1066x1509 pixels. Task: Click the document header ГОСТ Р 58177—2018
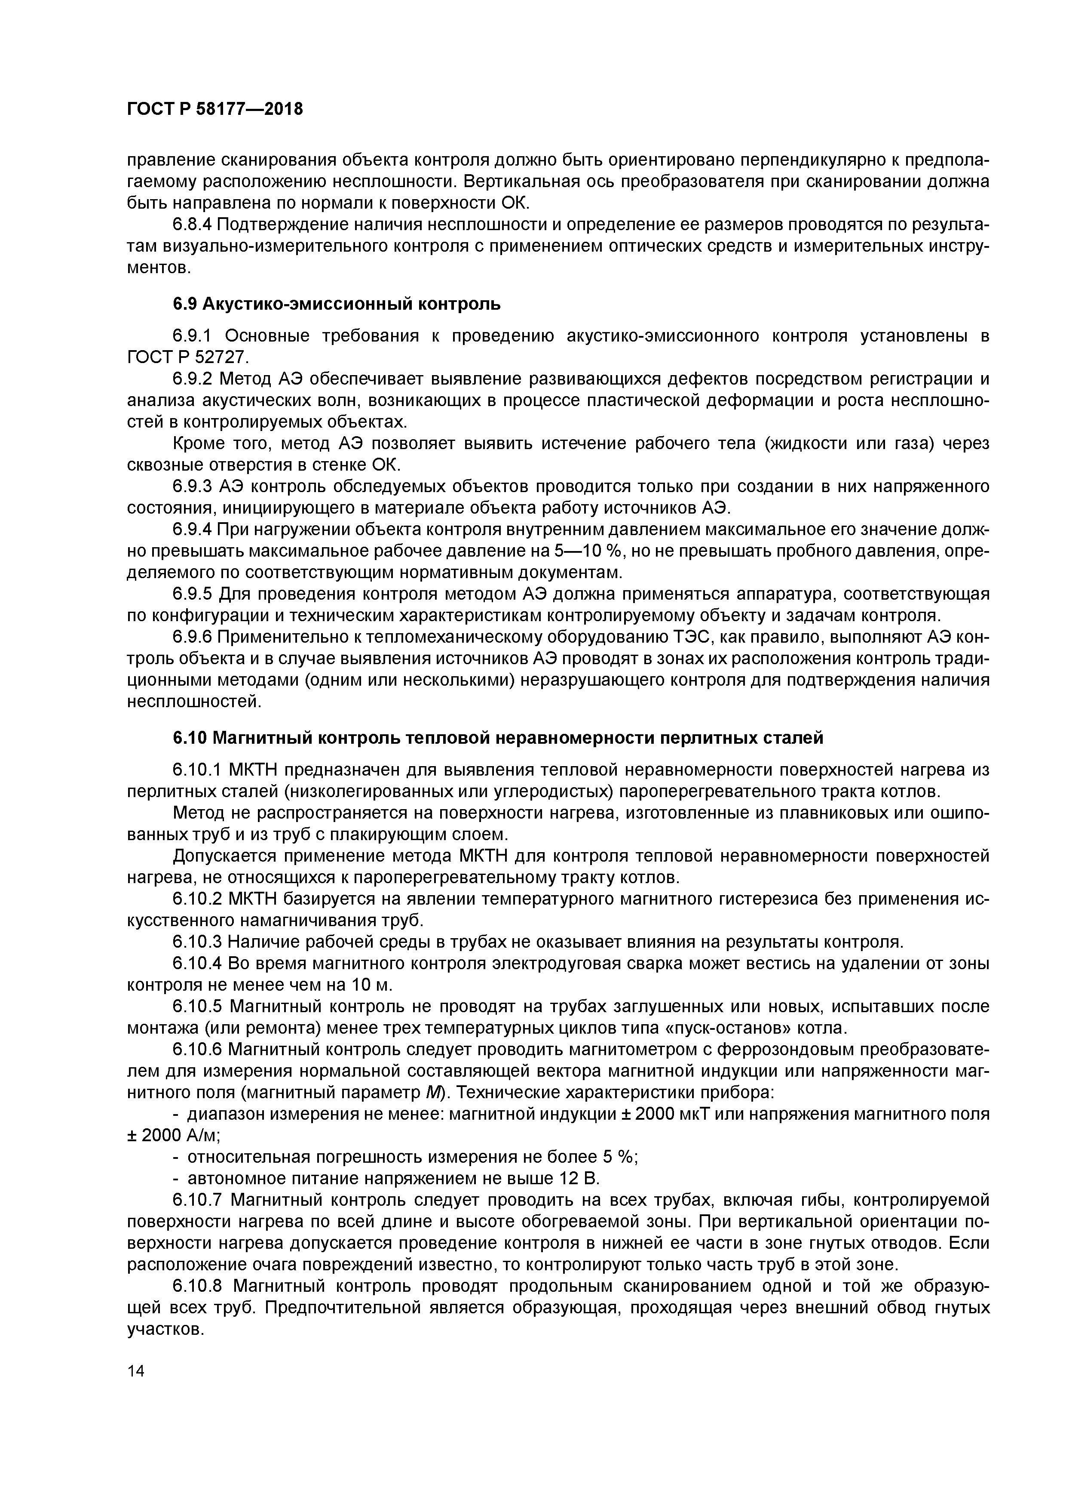[215, 109]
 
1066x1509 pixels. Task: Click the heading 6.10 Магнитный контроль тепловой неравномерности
[497, 738]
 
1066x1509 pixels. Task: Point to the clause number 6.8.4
[193, 225]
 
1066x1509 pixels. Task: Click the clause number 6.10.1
[198, 769]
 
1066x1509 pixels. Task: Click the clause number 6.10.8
[198, 1286]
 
